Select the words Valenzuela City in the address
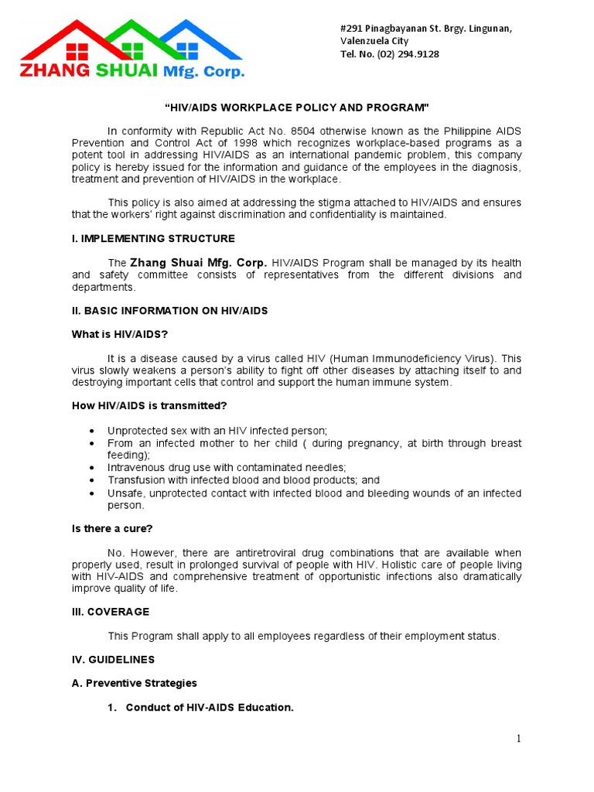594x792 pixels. [x=374, y=41]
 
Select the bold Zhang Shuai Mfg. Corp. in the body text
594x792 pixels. [x=199, y=263]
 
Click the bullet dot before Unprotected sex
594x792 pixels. [x=93, y=431]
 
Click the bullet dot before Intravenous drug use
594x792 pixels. [x=93, y=468]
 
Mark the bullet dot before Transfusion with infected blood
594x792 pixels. [x=93, y=480]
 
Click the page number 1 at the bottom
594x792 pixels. [x=519, y=739]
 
